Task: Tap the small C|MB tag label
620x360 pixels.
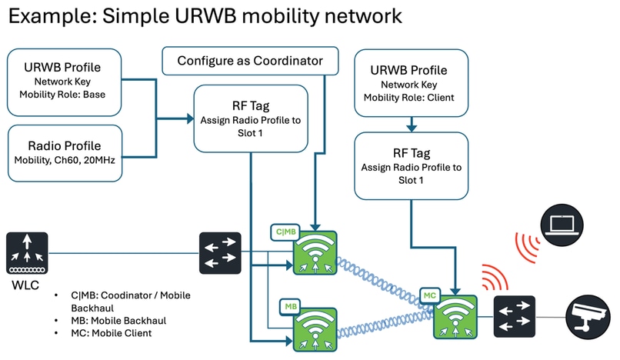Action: [x=284, y=230]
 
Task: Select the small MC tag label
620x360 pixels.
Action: [x=428, y=293]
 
